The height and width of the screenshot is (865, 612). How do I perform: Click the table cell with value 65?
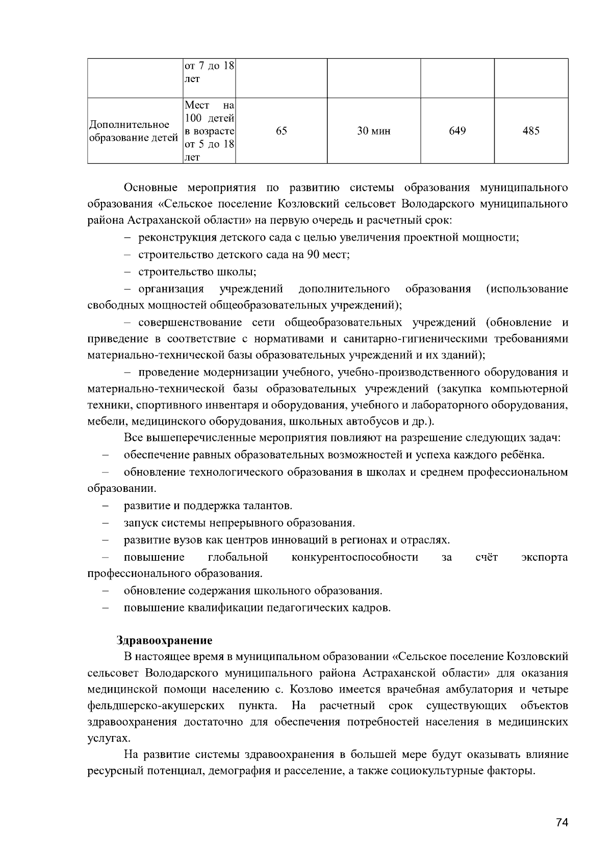pos(281,131)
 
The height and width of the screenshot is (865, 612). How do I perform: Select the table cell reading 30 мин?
pos(373,131)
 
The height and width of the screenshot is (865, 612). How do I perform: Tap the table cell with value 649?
pos(457,131)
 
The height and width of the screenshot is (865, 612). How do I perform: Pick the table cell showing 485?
pos(531,131)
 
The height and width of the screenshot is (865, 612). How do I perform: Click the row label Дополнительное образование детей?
pos(134,131)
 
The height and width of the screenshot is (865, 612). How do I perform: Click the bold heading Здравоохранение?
pos(164,640)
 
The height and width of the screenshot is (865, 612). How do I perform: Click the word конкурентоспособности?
pos(355,557)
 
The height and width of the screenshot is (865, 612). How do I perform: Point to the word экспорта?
pos(545,557)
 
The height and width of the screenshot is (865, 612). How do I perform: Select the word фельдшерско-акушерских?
pos(157,706)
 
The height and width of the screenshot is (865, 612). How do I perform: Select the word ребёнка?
pos(525,455)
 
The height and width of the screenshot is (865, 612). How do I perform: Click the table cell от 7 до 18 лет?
pos(209,72)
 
